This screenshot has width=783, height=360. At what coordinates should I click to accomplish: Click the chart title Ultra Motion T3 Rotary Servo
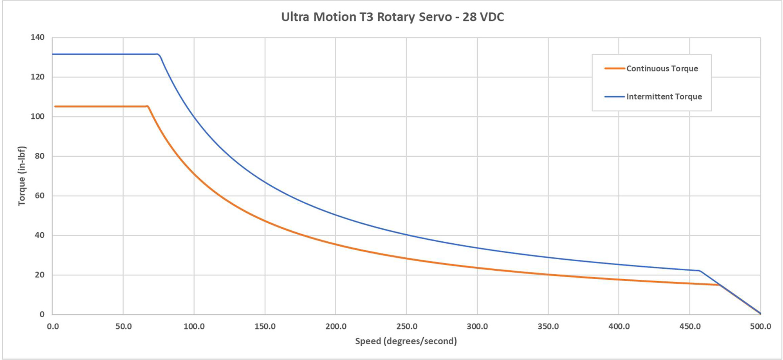click(x=392, y=17)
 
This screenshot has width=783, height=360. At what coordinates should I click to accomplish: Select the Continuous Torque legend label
click(x=662, y=69)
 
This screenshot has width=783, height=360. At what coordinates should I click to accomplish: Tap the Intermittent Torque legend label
click(x=664, y=97)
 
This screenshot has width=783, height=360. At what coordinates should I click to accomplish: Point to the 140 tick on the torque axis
click(x=38, y=37)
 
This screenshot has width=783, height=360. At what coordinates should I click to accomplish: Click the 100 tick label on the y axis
click(x=38, y=116)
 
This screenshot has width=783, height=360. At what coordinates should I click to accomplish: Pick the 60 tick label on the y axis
click(x=40, y=195)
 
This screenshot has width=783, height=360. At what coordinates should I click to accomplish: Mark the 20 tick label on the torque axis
click(x=40, y=275)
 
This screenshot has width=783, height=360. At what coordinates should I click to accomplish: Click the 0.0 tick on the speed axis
click(x=52, y=326)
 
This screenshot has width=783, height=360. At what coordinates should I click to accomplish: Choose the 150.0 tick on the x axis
click(x=265, y=326)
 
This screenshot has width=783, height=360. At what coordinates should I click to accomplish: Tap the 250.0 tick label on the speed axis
click(x=407, y=326)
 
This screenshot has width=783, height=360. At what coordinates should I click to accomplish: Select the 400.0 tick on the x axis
click(x=619, y=326)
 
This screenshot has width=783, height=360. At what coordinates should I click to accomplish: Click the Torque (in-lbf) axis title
click(x=22, y=176)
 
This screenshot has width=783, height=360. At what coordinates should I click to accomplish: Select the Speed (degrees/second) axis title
click(x=406, y=341)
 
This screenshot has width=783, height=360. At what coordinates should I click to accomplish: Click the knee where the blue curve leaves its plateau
click(x=159, y=54)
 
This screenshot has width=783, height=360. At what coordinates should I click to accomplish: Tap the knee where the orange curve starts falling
click(x=148, y=106)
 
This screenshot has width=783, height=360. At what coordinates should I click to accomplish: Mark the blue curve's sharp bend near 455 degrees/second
click(x=699, y=271)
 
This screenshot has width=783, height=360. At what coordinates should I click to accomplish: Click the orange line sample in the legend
click(x=614, y=69)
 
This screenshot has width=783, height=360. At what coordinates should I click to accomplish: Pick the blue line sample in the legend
click(x=614, y=97)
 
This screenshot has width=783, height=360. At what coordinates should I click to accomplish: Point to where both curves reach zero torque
click(x=760, y=313)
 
